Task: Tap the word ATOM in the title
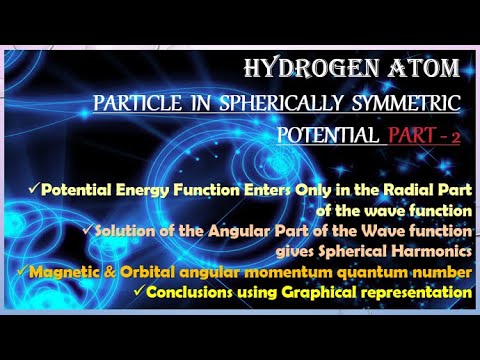click(427, 70)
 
